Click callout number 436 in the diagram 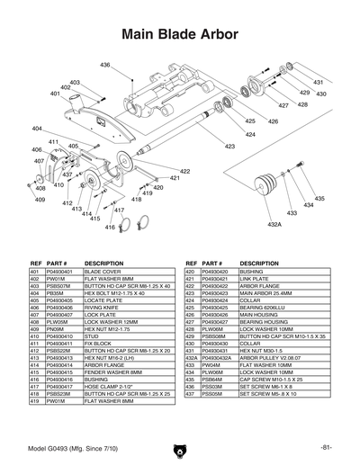click(x=105, y=66)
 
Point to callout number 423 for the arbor click(x=229, y=146)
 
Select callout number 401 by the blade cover click(x=55, y=94)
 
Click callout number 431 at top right click(x=318, y=82)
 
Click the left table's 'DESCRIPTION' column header click(x=103, y=262)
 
